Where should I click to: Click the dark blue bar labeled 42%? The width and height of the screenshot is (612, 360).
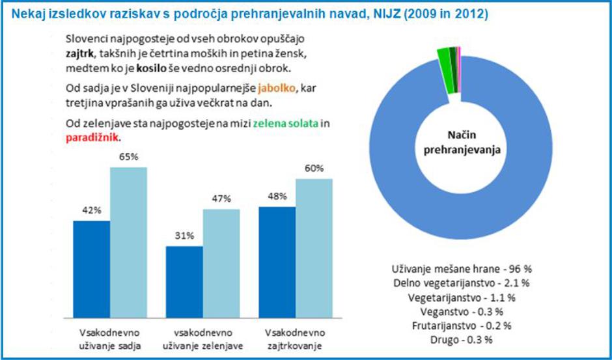tap(91, 267)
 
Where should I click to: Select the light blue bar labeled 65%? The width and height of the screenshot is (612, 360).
tap(128, 241)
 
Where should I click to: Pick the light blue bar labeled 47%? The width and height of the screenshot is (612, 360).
tap(221, 260)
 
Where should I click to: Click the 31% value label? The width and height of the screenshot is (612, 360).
tap(184, 236)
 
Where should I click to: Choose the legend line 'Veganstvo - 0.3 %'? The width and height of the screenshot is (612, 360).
tap(460, 312)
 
